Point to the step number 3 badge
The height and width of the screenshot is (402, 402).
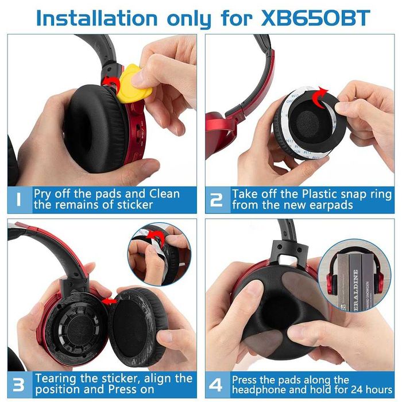pyautogui.click(x=19, y=384)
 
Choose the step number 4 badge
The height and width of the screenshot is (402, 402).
pyautogui.click(x=217, y=384)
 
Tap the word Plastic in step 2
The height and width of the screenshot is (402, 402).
pyautogui.click(x=320, y=194)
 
